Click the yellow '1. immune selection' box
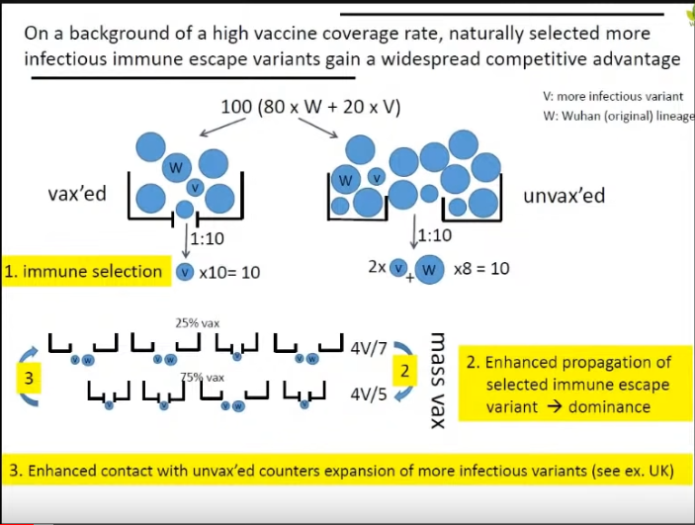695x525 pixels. click(x=84, y=271)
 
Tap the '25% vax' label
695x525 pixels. click(x=195, y=322)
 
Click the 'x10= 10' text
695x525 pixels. click(x=230, y=271)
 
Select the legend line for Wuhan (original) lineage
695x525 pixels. click(x=613, y=115)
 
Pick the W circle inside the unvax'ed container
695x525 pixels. click(x=346, y=181)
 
